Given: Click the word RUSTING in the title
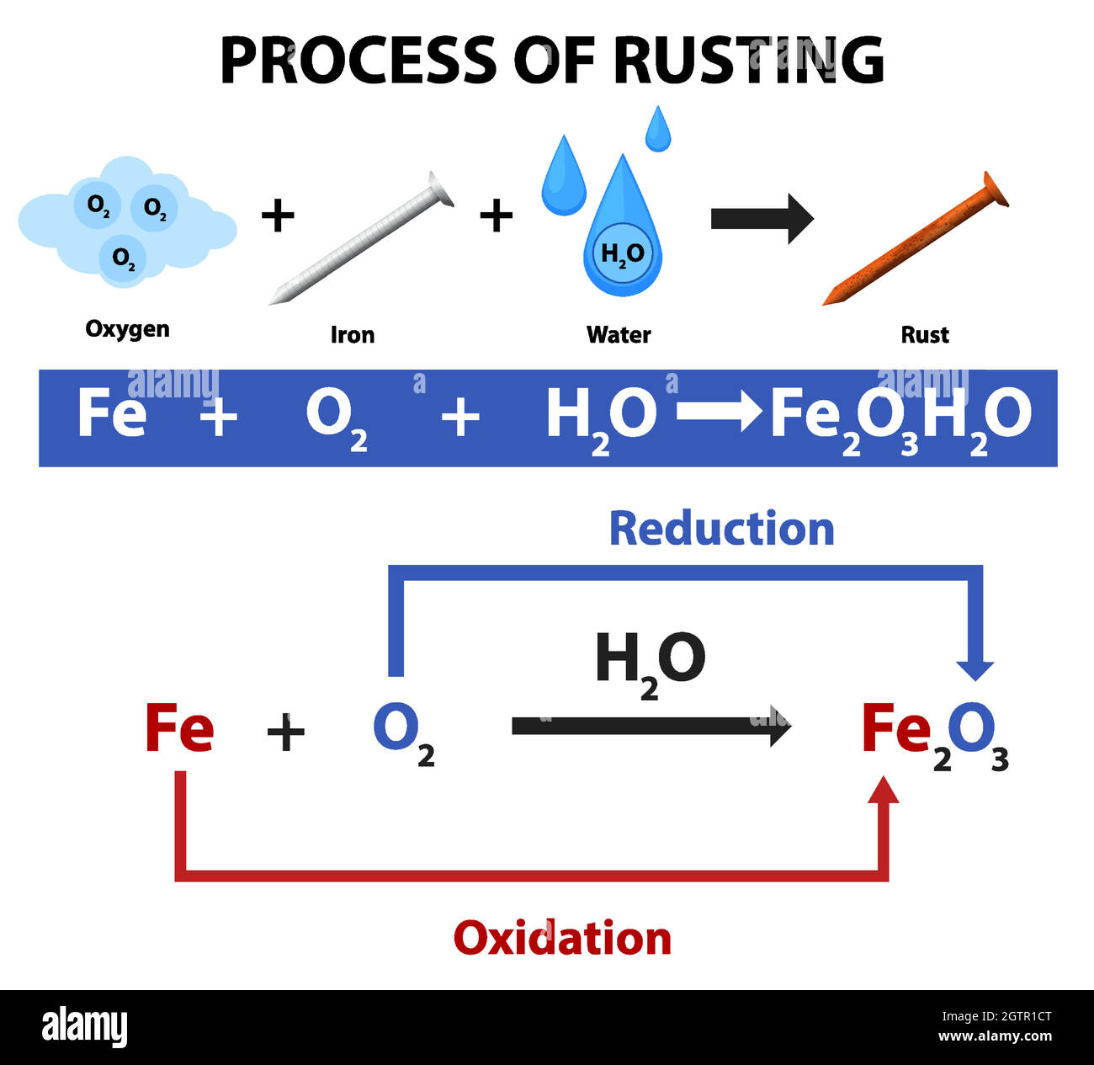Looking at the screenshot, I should pyautogui.click(x=748, y=61).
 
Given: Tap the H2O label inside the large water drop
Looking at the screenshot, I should pyautogui.click(x=622, y=253).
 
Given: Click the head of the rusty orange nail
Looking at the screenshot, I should pyautogui.click(x=994, y=189).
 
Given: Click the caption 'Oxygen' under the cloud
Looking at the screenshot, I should pyautogui.click(x=127, y=329).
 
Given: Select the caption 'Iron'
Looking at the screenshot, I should pyautogui.click(x=352, y=335).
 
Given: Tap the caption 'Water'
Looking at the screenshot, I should pyautogui.click(x=619, y=335).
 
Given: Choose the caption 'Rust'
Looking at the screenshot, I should pyautogui.click(x=924, y=335).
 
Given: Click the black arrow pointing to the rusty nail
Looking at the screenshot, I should pyautogui.click(x=762, y=218).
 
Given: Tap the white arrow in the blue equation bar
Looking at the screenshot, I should pyautogui.click(x=720, y=413).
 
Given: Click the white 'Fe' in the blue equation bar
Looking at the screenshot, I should pyautogui.click(x=111, y=413).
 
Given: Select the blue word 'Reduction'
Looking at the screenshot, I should pyautogui.click(x=721, y=529).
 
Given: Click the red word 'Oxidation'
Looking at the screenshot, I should pyautogui.click(x=562, y=938).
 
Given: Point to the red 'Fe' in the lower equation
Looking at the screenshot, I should pyautogui.click(x=179, y=728).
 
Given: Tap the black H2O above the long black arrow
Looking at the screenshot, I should pyautogui.click(x=649, y=662).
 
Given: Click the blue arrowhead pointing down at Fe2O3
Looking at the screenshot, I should pyautogui.click(x=975, y=668).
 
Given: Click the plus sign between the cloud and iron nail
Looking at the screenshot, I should pyautogui.click(x=278, y=216).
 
